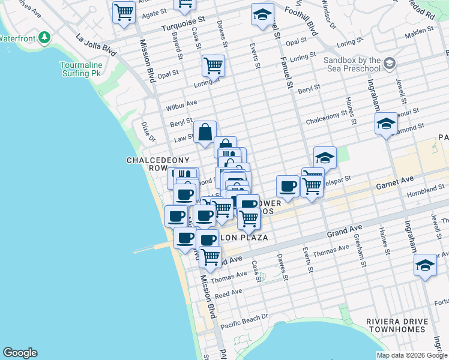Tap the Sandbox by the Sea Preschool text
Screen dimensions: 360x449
pos(352,64)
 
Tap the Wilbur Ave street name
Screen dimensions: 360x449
pos(182,105)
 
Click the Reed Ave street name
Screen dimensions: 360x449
pos(228,293)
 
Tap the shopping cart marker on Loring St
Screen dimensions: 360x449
pos(213,65)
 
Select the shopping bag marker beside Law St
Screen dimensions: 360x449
pos(205,131)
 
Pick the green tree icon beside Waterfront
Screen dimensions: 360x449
pos(44,38)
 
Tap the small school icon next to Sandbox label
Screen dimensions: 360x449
pos(389,63)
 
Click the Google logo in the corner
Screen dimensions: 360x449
pos(20,353)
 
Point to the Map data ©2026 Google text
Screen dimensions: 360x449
pos(411,355)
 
